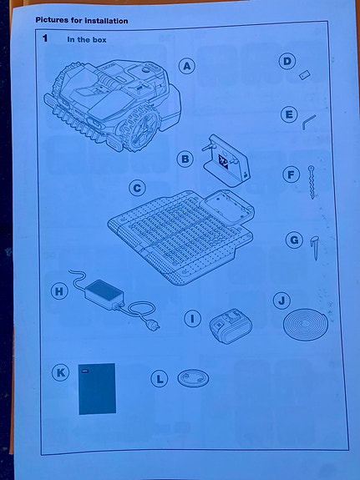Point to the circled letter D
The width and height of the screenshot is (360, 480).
(x=287, y=61)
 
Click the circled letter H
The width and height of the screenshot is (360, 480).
(x=58, y=291)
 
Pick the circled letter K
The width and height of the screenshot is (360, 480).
(x=59, y=373)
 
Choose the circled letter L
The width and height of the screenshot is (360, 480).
(x=160, y=379)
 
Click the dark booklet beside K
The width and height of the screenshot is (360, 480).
(x=97, y=388)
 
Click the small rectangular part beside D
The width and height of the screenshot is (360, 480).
(x=305, y=74)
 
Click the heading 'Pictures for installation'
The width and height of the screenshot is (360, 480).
(x=81, y=19)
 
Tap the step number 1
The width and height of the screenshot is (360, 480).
(x=45, y=38)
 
